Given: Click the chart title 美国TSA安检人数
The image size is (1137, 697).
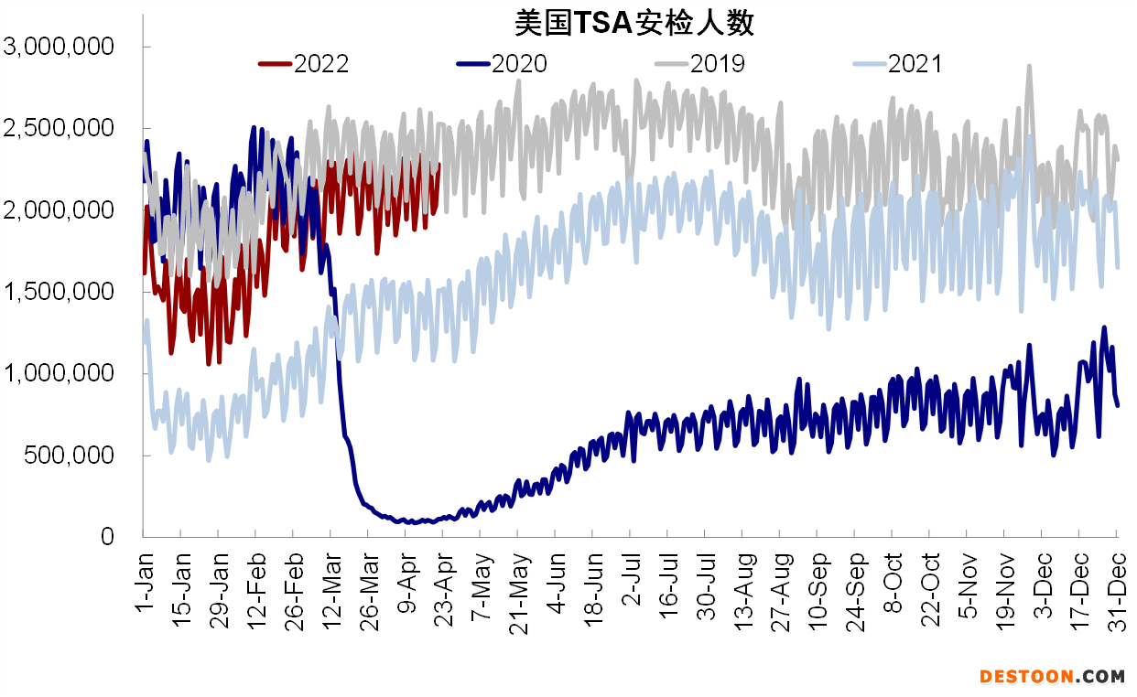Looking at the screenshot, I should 633,23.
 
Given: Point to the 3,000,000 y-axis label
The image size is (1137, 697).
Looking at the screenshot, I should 59,47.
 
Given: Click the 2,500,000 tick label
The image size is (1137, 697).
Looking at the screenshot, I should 59,128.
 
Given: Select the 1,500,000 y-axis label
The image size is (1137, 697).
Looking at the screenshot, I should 59,292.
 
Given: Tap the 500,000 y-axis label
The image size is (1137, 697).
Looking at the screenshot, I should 69,456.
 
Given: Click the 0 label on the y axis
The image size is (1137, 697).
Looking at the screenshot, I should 108,537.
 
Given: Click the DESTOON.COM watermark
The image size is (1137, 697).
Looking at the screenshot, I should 1052,677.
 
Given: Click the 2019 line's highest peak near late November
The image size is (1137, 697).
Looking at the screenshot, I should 1029,66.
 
